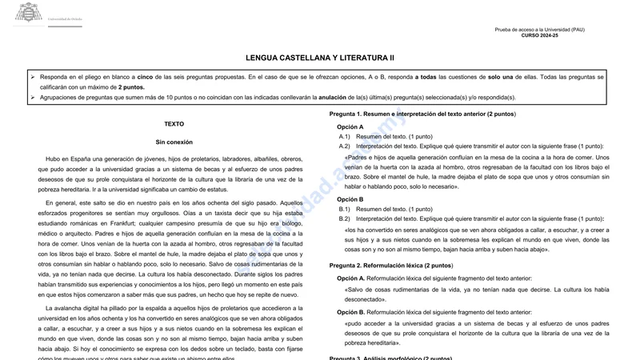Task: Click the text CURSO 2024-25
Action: click(540, 36)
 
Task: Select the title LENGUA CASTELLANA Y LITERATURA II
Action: click(320, 58)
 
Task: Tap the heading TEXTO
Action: click(174, 125)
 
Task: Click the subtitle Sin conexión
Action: click(174, 142)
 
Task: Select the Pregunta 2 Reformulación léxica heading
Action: click(391, 266)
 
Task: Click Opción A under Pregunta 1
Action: click(350, 127)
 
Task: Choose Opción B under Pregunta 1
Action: click(350, 199)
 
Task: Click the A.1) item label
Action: click(345, 137)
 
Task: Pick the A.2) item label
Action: click(345, 146)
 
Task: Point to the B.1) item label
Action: click(345, 209)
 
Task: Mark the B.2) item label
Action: click(345, 218)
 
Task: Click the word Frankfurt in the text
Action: click(137, 224)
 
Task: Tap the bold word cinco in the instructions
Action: click(145, 78)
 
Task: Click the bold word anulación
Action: click(338, 98)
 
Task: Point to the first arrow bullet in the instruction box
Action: click(33, 78)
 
